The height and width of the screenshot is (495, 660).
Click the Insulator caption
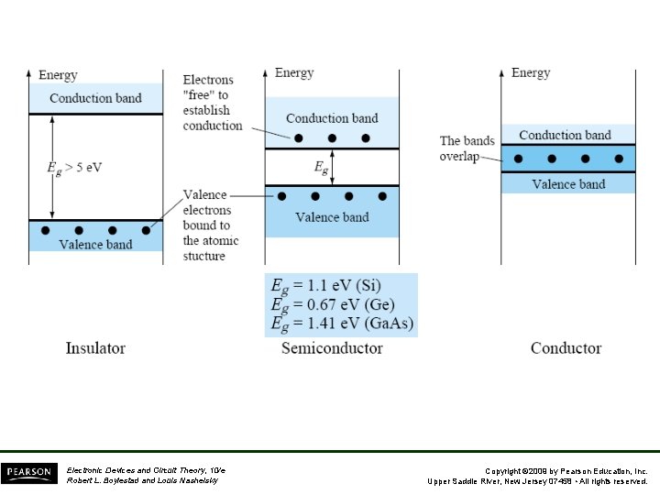[x=95, y=348]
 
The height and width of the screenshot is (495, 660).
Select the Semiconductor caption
[x=332, y=348]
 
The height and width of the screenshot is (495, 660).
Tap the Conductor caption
[x=566, y=348]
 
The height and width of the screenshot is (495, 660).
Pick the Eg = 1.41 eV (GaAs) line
[x=342, y=323]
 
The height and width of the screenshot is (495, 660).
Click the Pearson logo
[x=27, y=474]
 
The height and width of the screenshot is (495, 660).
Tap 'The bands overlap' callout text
[x=467, y=148]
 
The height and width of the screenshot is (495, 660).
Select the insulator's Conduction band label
[x=95, y=98]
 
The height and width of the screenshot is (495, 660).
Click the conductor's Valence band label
[x=568, y=184]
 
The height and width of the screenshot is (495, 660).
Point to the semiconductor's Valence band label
[x=332, y=217]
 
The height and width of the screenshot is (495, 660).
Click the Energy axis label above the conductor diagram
[x=531, y=73]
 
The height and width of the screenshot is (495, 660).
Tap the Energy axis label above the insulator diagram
[x=58, y=75]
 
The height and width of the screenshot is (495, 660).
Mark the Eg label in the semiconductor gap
[x=321, y=168]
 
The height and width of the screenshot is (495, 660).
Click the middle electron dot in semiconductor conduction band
[x=332, y=138]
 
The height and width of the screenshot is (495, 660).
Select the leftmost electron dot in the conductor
[x=519, y=159]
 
